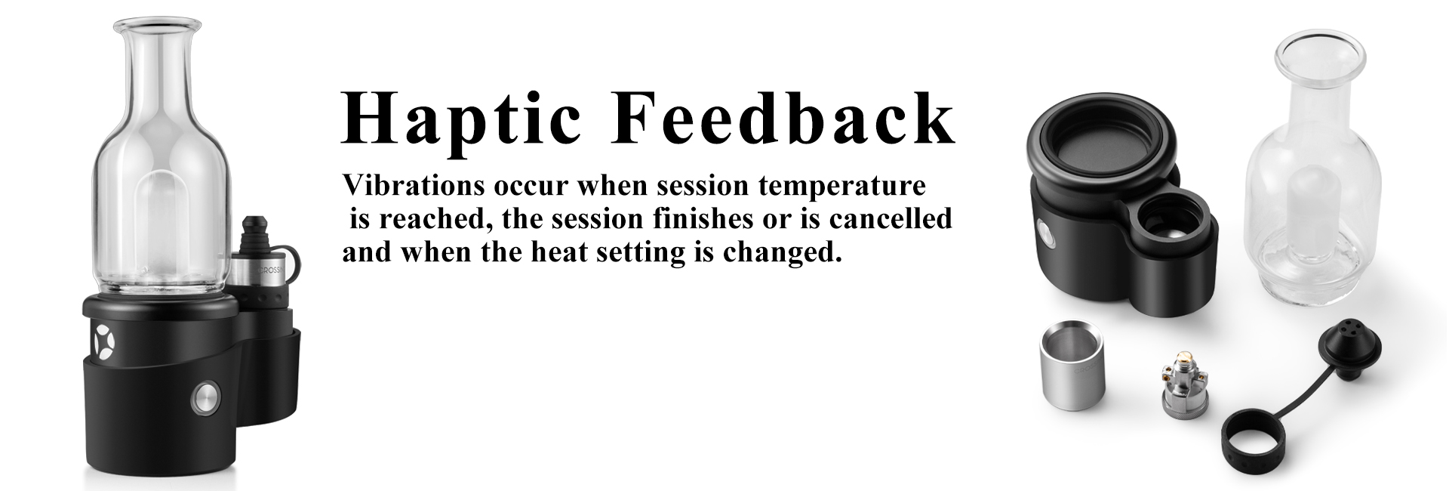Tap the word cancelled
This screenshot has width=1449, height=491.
coord(891,218)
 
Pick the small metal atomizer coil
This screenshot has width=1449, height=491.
coord(1180,387)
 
